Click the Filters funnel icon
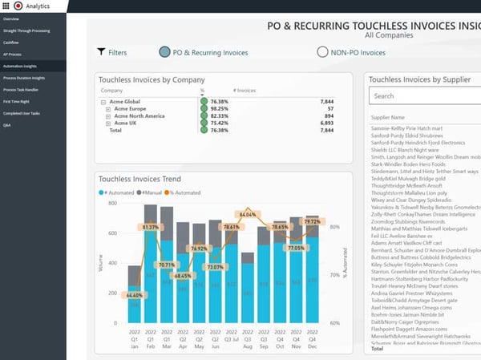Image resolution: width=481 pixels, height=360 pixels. coord(101,52)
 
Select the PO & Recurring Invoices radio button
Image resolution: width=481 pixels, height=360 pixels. coord(165,52)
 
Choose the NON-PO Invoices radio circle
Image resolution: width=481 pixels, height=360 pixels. coord(323,52)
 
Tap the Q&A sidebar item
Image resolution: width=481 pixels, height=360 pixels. coord(7,125)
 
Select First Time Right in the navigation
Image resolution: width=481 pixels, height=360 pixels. coord(15,101)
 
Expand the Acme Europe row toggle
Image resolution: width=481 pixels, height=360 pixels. coord(108,109)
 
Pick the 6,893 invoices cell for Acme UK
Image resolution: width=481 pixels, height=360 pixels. coord(325,123)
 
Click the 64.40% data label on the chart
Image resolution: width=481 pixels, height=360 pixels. coord(133,295)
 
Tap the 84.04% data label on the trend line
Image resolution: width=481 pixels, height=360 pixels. coord(247,215)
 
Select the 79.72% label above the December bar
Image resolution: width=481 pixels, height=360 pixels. coord(312,222)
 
